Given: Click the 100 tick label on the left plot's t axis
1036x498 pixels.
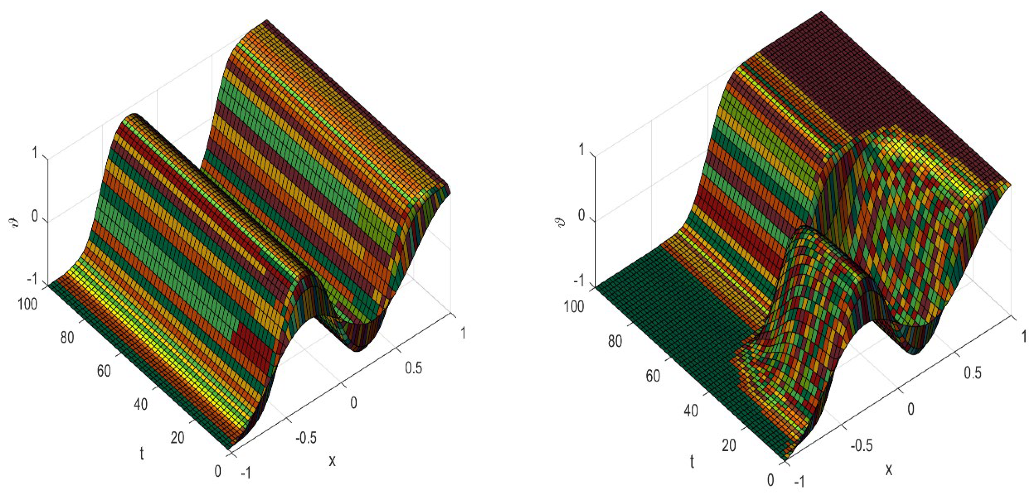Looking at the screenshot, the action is (27, 304).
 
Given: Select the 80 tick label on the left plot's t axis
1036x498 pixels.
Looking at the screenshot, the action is (67, 338).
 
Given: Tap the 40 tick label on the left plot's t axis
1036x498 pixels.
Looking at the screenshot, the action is (140, 404).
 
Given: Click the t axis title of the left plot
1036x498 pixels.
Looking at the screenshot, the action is (142, 453).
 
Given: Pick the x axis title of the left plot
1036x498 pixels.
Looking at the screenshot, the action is (332, 461).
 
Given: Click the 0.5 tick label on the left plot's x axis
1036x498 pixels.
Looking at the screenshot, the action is (413, 368).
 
